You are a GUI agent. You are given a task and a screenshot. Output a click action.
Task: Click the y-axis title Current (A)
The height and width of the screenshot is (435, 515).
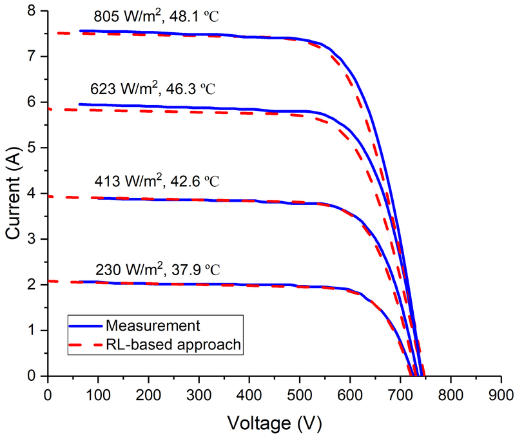click(x=14, y=193)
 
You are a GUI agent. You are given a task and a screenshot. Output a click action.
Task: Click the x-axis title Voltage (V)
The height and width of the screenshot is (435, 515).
click(x=273, y=424)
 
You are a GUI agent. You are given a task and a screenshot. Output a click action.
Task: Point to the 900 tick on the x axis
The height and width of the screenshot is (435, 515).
click(x=500, y=391)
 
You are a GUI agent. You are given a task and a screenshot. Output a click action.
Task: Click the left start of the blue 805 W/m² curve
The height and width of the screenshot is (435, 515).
click(x=79, y=30)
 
